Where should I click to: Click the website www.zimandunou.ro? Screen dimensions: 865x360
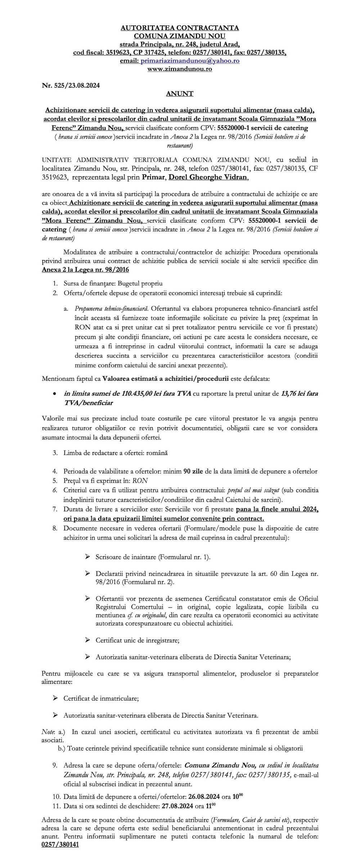(180, 68)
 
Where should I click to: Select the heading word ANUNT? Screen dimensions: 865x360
(180, 94)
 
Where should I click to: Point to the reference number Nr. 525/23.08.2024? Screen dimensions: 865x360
(71, 86)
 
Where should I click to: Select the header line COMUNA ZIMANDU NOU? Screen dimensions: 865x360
(180, 36)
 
